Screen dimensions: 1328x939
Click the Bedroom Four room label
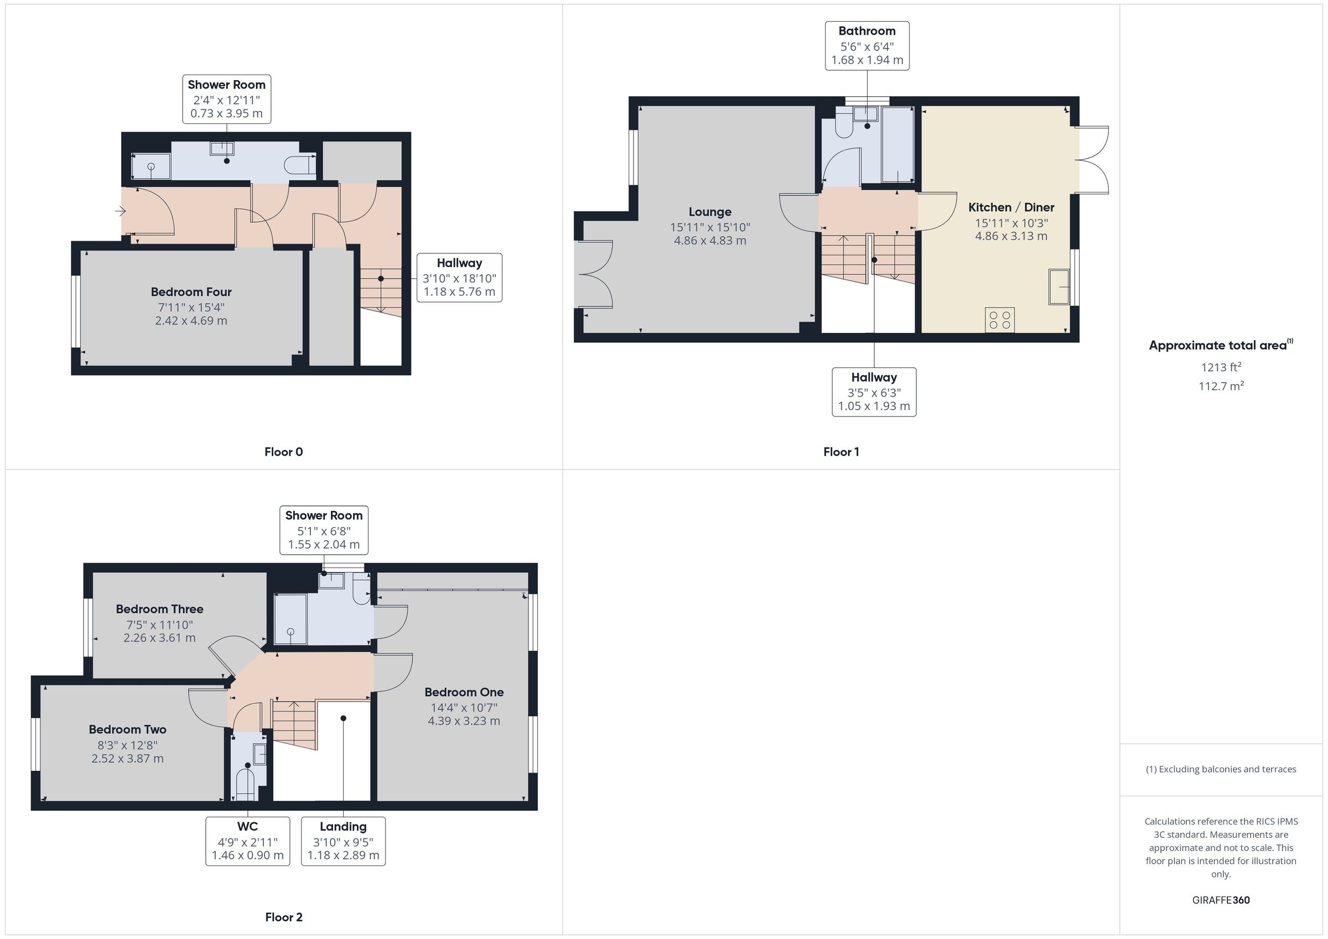click(191, 292)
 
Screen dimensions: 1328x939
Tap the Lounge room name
click(710, 212)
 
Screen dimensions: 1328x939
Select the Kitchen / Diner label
click(1011, 207)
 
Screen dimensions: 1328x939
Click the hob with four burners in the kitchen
click(999, 320)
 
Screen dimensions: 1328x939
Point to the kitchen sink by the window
click(1059, 286)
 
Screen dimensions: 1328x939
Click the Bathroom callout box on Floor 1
click(867, 46)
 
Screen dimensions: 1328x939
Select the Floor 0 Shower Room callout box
click(227, 99)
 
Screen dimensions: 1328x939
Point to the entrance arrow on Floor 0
click(120, 211)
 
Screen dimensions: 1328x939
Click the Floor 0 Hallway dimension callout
click(459, 278)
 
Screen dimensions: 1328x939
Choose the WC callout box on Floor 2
click(247, 841)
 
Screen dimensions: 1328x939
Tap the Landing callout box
click(343, 841)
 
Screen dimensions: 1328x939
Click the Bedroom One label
click(464, 692)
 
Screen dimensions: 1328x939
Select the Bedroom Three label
click(160, 609)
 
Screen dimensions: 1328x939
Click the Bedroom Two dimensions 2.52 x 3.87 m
click(127, 759)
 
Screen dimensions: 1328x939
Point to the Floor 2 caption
click(283, 917)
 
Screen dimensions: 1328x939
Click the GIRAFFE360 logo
click(1221, 900)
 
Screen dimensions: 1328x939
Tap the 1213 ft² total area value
click(1221, 367)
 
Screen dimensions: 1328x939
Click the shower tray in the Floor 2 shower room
click(290, 619)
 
